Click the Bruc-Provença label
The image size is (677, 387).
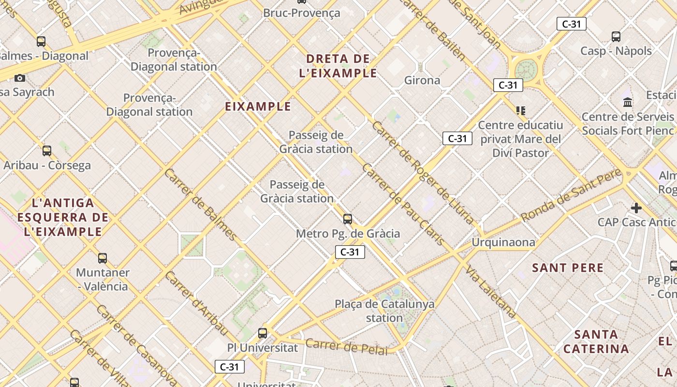[x=301, y=13]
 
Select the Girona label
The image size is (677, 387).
[x=422, y=80]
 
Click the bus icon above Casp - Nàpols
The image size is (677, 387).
[x=616, y=36]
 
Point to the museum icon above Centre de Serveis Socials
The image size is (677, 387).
[x=628, y=102]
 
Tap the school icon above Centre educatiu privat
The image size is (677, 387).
[x=520, y=111]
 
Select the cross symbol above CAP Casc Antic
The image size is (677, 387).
[x=636, y=208]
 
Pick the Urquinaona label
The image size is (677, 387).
[x=503, y=242]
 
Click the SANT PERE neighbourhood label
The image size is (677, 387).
[x=568, y=268]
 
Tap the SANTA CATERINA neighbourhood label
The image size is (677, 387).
[x=596, y=342]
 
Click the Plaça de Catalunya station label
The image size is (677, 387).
[x=384, y=311]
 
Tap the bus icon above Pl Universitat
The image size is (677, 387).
[x=262, y=333]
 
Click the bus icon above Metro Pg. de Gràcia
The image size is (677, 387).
[x=347, y=219]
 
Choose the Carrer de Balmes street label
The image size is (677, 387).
[x=200, y=205]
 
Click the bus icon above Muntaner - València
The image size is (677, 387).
[x=102, y=258]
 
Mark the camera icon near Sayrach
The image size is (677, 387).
[x=20, y=78]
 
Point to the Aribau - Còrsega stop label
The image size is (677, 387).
[x=47, y=165]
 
